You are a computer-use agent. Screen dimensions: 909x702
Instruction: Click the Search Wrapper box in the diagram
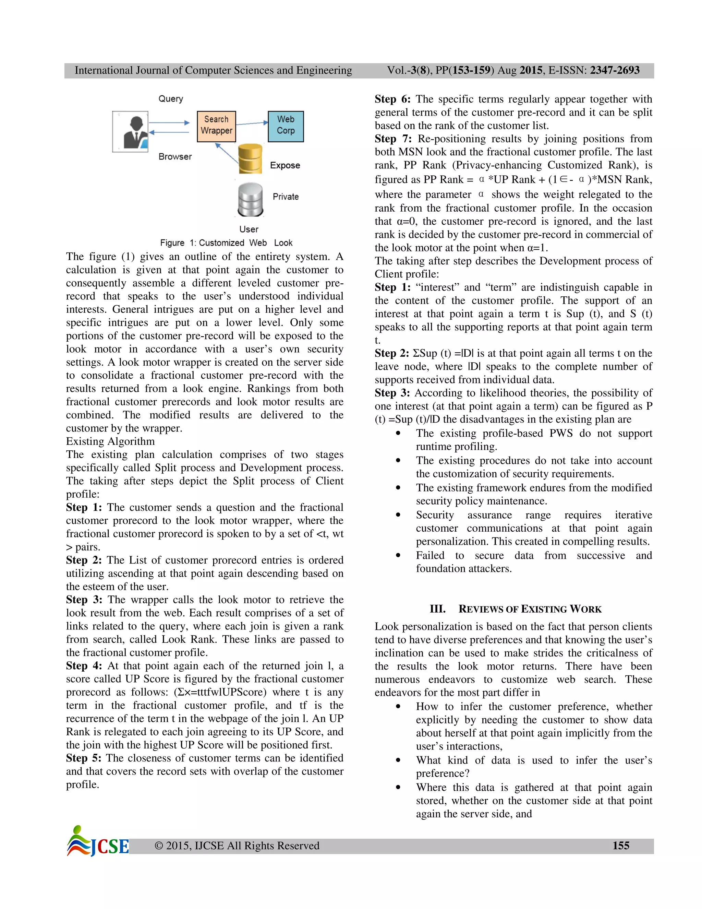[x=216, y=126]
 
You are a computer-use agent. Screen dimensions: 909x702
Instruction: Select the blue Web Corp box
[x=286, y=126]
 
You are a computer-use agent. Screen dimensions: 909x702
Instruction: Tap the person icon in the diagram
[x=131, y=131]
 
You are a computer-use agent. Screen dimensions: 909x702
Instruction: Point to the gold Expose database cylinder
[x=250, y=159]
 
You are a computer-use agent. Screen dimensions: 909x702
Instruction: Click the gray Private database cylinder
[x=250, y=199]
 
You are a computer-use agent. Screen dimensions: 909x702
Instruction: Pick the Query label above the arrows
[x=170, y=99]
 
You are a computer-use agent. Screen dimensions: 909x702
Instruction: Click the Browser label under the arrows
[x=175, y=156]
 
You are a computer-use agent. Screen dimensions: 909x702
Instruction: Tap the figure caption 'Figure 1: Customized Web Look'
[x=226, y=243]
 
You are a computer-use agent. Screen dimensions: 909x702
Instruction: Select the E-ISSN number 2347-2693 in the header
[x=614, y=70]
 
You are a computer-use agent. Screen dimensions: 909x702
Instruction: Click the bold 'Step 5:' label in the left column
[x=84, y=758]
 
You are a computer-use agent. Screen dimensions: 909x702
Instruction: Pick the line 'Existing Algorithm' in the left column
[x=110, y=441]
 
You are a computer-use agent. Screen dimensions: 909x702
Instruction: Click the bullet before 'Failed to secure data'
[x=398, y=555]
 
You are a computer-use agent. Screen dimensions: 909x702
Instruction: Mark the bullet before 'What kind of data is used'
[x=398, y=760]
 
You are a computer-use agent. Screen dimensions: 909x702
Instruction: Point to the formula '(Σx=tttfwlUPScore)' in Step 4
[x=220, y=692]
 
